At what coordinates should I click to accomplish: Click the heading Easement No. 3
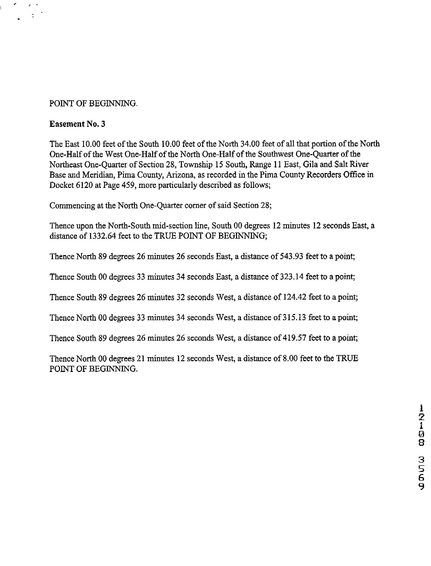point(77,124)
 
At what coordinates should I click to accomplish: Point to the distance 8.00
point(290,358)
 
